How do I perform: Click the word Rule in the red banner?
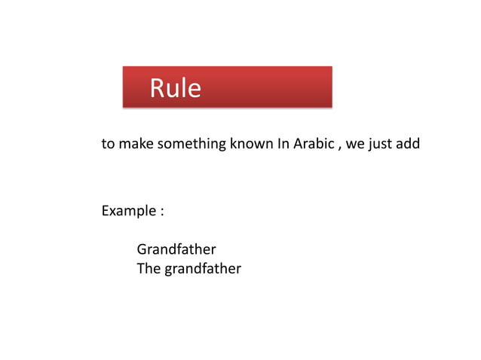(x=175, y=89)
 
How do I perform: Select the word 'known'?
(x=251, y=143)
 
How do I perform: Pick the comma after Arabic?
(x=339, y=145)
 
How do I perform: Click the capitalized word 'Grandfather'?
(x=176, y=249)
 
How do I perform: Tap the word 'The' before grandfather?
(x=148, y=268)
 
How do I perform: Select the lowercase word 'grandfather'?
(x=201, y=268)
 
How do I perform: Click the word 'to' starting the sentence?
(x=108, y=143)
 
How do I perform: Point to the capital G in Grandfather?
(x=142, y=249)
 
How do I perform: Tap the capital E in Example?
(x=106, y=211)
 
